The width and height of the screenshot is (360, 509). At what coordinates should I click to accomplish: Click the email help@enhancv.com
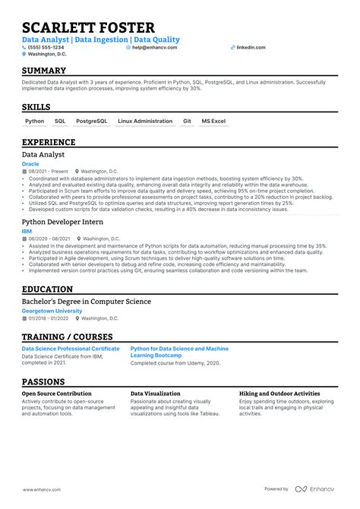pyautogui.click(x=154, y=47)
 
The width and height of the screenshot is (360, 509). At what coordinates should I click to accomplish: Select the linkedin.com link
pyautogui.click(x=251, y=47)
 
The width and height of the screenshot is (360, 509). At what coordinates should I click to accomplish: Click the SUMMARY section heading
pyautogui.click(x=44, y=71)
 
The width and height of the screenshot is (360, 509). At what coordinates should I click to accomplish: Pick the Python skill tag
pyautogui.click(x=35, y=121)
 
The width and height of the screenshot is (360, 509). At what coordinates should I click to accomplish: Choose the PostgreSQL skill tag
pyautogui.click(x=92, y=121)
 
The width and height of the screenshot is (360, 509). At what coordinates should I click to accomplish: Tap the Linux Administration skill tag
pyautogui.click(x=145, y=121)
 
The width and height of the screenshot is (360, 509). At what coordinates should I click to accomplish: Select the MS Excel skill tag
pyautogui.click(x=214, y=121)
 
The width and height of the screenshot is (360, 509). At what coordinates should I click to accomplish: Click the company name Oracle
pyautogui.click(x=31, y=163)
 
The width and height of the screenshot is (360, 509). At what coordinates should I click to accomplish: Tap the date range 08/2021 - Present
pyautogui.click(x=48, y=172)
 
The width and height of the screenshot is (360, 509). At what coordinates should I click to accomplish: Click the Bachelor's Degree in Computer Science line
pyautogui.click(x=86, y=302)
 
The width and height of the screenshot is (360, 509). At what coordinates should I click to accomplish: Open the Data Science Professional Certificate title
pyautogui.click(x=71, y=349)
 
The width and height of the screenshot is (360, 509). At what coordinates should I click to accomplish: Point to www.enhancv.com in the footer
pyautogui.click(x=43, y=489)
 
